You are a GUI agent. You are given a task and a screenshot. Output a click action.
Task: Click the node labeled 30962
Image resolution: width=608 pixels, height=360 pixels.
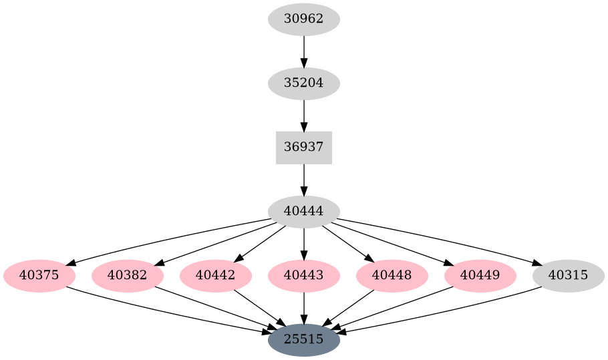coord(304,19)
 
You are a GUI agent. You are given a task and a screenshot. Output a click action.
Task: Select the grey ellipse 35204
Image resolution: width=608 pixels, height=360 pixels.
coord(304,83)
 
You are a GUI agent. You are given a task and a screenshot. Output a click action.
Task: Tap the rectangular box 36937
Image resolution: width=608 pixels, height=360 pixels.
coord(304,148)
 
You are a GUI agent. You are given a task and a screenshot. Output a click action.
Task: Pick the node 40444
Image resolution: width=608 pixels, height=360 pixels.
coord(304,212)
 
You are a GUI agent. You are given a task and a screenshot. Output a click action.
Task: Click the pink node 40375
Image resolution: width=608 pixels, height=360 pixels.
coord(39,275)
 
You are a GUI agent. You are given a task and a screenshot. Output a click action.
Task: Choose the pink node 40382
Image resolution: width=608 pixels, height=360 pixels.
coord(128,275)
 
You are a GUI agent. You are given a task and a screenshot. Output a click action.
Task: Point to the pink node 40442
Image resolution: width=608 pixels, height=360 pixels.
coord(216,275)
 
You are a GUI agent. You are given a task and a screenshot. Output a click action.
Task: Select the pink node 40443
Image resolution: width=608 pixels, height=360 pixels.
coord(304,275)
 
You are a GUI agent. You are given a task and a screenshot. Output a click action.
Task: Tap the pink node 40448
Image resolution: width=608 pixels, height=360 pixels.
coord(392,275)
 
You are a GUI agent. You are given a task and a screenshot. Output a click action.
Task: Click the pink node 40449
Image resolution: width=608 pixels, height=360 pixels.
coord(480,275)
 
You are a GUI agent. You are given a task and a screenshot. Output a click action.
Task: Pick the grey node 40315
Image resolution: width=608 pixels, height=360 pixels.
coord(569,275)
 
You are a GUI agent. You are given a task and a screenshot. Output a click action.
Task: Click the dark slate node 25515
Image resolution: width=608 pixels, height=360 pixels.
coord(304,339)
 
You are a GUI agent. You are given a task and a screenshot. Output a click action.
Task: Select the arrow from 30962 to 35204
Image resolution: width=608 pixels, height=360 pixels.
coord(304,51)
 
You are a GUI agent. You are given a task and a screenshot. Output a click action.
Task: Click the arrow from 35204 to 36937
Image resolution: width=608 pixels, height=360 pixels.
coord(304,116)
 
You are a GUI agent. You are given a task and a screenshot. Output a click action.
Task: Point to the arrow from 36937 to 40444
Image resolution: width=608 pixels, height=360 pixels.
coord(304,180)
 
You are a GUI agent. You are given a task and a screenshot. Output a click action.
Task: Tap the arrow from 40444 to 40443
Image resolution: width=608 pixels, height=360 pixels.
coord(304,243)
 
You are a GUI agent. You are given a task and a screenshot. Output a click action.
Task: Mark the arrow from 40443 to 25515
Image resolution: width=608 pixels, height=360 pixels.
coord(304,307)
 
